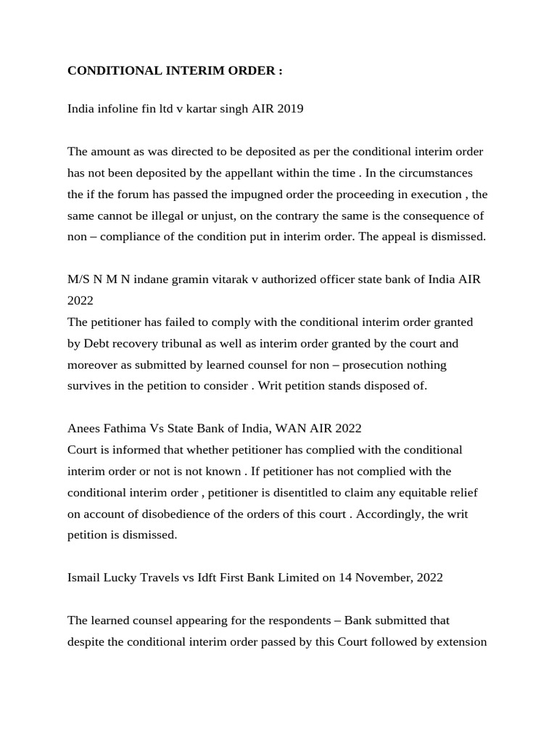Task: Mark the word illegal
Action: pyautogui.click(x=176, y=215)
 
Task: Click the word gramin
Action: pyautogui.click(x=194, y=279)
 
